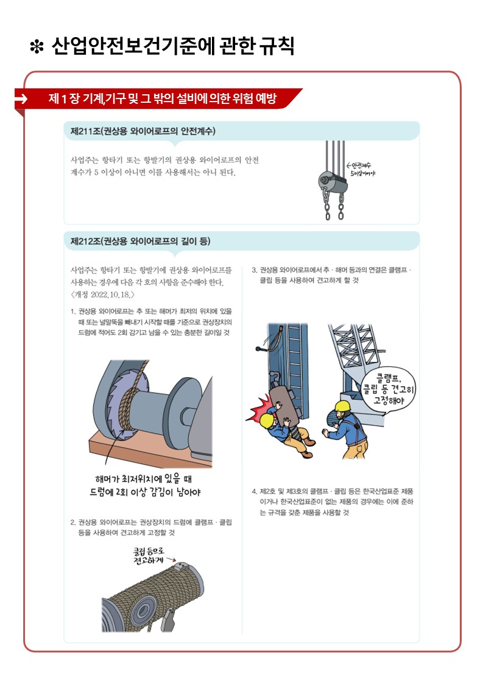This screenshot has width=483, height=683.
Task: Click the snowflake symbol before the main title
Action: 37,47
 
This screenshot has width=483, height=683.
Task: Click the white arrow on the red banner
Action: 21,99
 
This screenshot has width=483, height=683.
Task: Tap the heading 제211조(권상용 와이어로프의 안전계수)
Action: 143,131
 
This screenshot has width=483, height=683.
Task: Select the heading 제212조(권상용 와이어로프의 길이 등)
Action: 140,241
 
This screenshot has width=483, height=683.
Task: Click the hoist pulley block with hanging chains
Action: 334,181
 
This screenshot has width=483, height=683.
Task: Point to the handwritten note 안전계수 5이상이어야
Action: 361,169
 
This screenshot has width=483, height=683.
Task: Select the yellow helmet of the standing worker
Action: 342,406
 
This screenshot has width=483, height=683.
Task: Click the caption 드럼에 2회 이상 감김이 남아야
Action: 146,492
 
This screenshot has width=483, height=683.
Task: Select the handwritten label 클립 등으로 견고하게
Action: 149,556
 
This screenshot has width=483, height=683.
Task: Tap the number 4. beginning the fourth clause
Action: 255,491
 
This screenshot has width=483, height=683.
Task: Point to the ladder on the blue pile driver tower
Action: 293,357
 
